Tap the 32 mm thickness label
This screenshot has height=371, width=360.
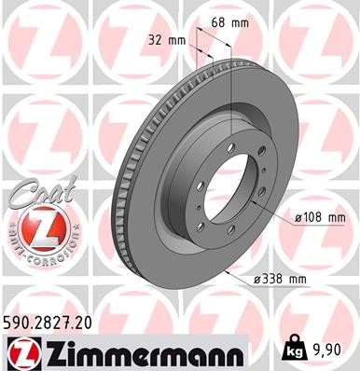166,40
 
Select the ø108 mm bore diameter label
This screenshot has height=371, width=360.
321,217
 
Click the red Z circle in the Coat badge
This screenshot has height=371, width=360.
34,227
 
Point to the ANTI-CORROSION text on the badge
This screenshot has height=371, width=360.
34,250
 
